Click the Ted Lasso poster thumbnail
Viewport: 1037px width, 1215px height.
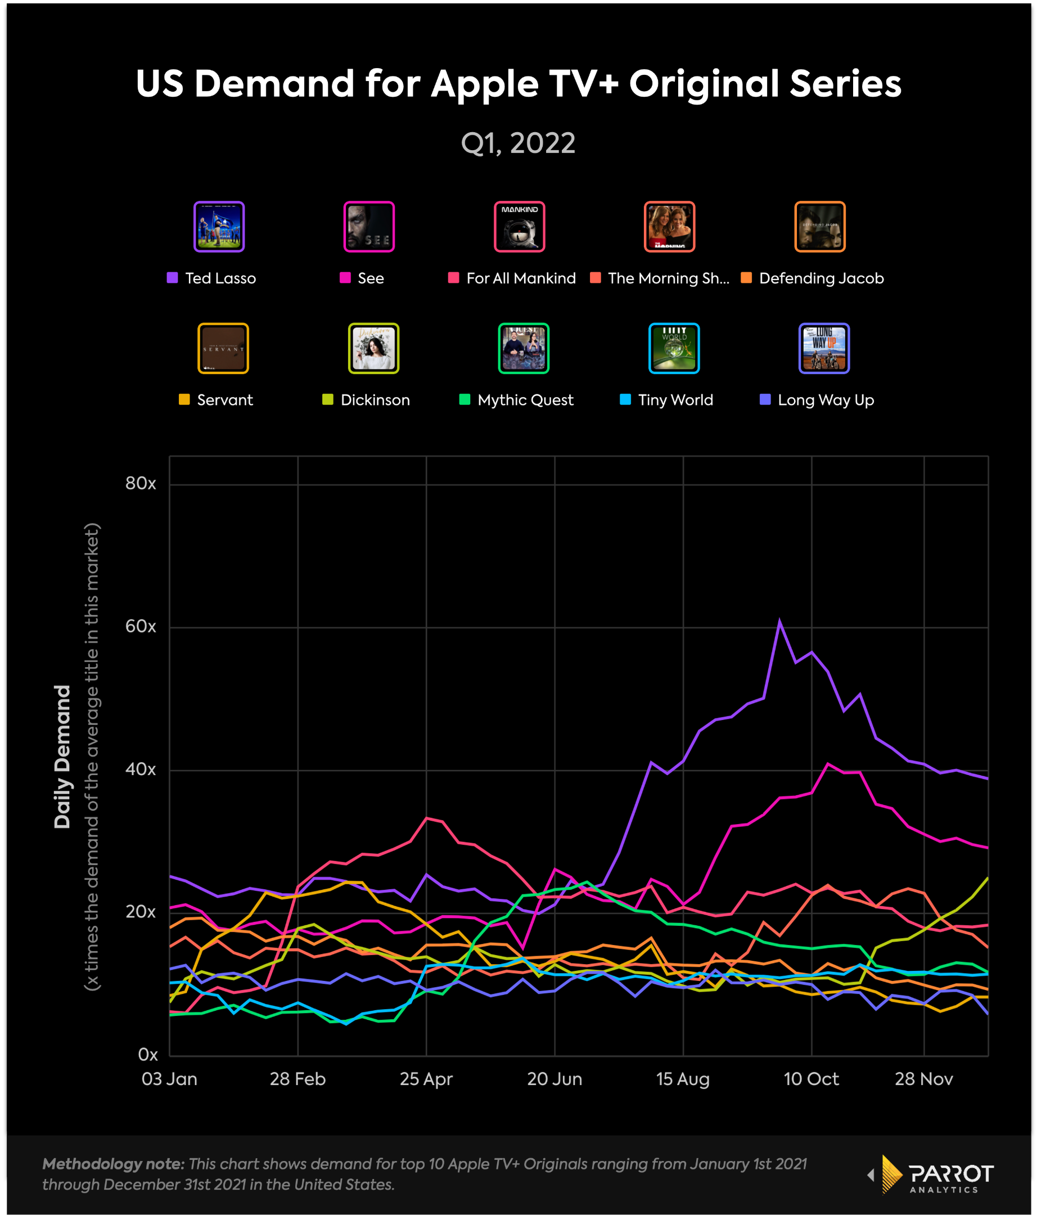coord(219,227)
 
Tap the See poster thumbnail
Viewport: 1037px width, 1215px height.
coord(369,227)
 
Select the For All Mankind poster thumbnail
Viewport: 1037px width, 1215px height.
coord(520,227)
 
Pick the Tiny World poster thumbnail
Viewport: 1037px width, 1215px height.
coord(674,348)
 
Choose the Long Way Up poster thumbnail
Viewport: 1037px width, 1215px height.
coord(824,348)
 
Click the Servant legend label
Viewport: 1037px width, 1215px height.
coord(224,400)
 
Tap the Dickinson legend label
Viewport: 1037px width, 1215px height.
coord(375,400)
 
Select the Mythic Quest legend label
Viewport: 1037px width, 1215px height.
coord(525,400)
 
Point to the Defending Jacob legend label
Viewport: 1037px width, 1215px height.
coord(820,278)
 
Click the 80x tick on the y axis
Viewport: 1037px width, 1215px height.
coord(141,484)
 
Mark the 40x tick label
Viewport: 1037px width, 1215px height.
coord(141,769)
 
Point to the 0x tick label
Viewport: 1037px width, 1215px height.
coord(148,1055)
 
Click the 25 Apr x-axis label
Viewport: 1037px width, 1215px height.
coord(426,1079)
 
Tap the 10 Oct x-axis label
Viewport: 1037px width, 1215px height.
coord(811,1079)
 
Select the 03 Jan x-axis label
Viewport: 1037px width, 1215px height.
coord(169,1079)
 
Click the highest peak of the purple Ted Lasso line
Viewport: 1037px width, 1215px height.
coord(779,621)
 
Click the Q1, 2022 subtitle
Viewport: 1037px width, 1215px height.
coord(518,143)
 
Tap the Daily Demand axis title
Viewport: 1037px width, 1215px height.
coord(62,757)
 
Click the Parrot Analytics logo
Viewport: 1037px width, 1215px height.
coord(938,1174)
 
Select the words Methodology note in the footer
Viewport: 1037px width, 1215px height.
coord(113,1164)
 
